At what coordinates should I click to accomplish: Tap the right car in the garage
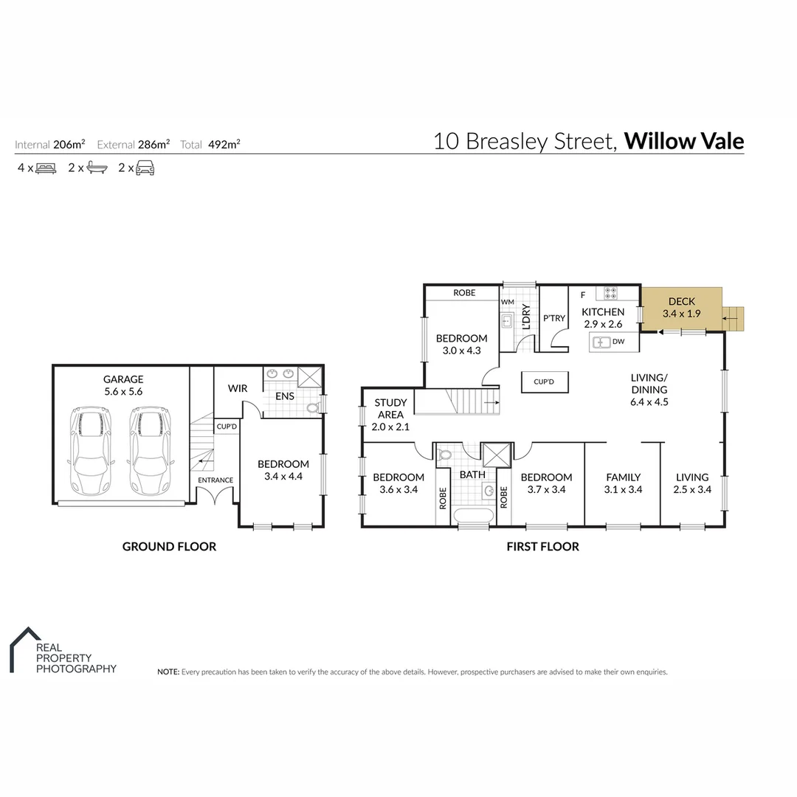pos(148,452)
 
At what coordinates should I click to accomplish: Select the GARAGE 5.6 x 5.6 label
pos(123,386)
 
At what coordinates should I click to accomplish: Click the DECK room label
pos(681,307)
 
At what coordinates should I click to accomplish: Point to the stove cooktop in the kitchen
pos(611,293)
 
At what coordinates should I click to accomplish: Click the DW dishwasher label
pos(618,342)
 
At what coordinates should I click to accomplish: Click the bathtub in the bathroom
pos(472,517)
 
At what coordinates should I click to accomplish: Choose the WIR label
pos(238,389)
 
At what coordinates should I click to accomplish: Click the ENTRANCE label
pos(215,480)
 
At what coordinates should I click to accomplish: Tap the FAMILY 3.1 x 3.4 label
pos(623,483)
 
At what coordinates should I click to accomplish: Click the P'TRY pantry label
pos(553,318)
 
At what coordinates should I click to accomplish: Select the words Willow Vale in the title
pos(684,141)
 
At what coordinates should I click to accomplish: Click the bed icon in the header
pos(46,168)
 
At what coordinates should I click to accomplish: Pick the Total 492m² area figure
pos(210,145)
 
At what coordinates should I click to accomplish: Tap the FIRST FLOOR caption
pos(542,547)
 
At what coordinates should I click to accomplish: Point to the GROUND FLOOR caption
pos(169,547)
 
